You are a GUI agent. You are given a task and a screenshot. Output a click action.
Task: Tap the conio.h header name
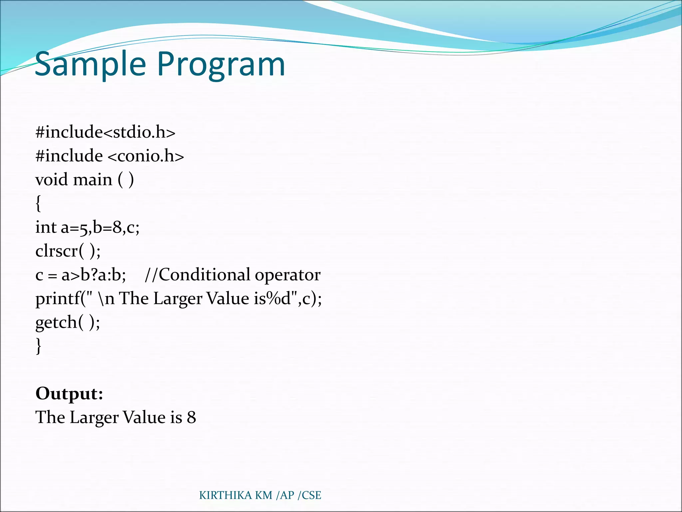146,156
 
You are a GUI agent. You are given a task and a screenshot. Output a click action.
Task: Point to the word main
93,180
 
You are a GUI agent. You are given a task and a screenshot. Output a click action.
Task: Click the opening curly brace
38,203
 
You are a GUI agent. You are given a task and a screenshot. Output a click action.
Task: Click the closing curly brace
38,346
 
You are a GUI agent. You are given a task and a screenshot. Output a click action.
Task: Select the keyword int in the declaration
46,227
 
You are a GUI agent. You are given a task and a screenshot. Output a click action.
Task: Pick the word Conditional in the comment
204,275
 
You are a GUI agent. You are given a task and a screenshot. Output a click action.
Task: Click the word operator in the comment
287,275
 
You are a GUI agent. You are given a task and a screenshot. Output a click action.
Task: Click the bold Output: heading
69,393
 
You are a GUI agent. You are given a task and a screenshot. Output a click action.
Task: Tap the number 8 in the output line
191,417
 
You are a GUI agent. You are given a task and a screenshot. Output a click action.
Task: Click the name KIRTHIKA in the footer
225,495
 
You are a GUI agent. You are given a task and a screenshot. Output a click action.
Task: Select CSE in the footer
311,495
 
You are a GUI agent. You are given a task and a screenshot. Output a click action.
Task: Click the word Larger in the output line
94,418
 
